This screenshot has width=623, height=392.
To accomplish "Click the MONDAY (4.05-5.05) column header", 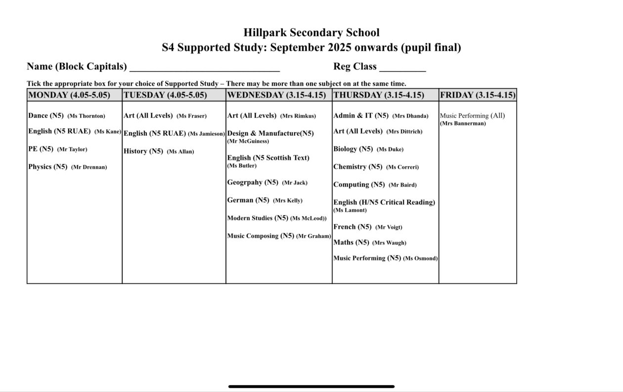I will pos(69,95).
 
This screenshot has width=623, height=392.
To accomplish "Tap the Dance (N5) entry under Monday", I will pos(46,116).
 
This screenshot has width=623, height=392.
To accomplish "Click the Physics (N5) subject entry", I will pos(47,167).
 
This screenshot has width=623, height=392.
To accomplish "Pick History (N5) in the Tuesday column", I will pos(143,151).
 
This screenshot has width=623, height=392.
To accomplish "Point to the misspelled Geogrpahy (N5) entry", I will pos(253,183).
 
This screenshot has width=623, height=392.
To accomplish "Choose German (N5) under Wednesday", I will pos(248,200).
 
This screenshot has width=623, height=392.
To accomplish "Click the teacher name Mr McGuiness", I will pos(248,141).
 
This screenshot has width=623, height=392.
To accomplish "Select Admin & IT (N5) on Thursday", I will pos(361,116).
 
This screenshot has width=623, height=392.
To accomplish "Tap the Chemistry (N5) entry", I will pos(358,167).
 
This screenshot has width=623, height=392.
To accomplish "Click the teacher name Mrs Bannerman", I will pos(463,124).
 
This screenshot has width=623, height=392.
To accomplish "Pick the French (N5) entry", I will pos(353,227).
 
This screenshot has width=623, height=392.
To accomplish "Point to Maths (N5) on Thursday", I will pos(351,243).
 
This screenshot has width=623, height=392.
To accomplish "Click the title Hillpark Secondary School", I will pos(311,33).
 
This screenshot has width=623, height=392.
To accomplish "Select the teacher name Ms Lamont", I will pos(350,210).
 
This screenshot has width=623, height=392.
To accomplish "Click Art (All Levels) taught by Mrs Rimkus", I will pos(252,116).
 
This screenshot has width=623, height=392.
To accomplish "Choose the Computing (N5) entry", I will pos(359,185).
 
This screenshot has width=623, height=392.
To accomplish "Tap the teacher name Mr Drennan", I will pos(89,167).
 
